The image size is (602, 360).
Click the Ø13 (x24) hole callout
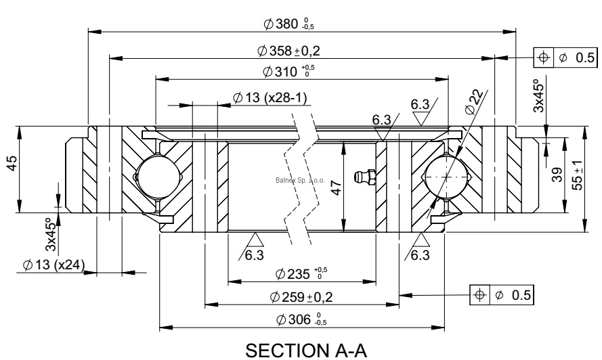point(52,265)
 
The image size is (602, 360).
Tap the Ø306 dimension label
point(298,319)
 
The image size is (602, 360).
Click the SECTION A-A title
point(300,348)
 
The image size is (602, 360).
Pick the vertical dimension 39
point(556,176)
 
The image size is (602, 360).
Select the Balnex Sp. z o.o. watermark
point(301,181)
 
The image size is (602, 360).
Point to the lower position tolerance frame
point(502,295)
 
